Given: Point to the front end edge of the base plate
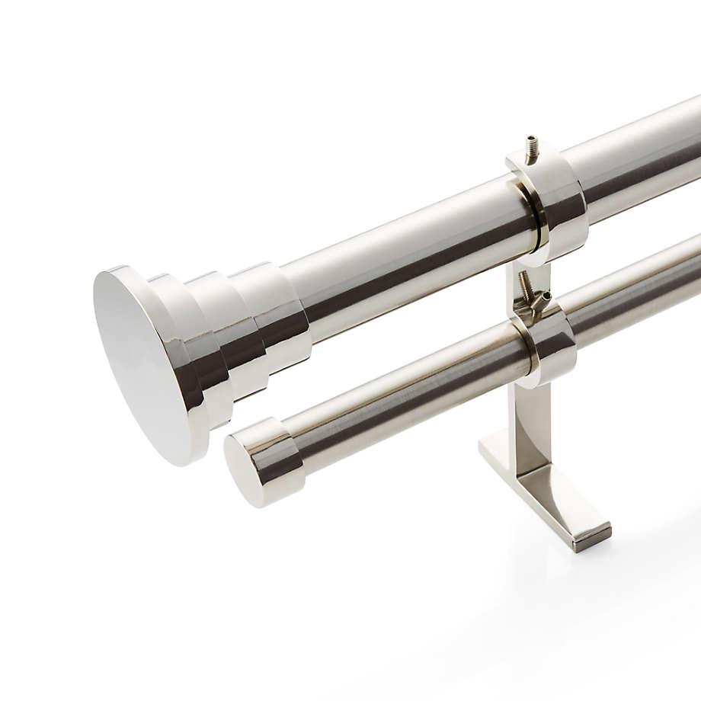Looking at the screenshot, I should (x=593, y=537).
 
